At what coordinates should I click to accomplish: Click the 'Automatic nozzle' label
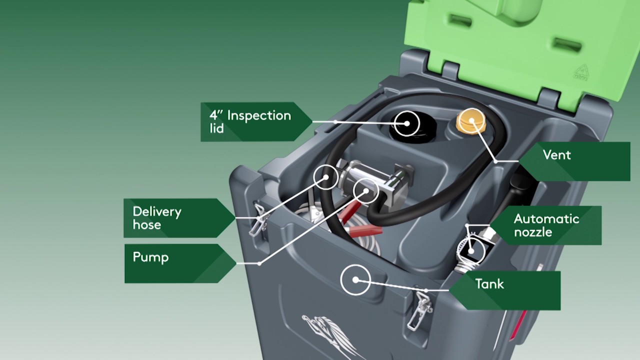[546, 225]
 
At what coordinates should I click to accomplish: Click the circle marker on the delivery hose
[326, 176]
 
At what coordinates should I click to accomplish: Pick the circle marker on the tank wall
[355, 280]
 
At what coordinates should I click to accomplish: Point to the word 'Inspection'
[259, 115]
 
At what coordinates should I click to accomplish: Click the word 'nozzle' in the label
[533, 232]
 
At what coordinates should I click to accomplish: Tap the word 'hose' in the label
[147, 225]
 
